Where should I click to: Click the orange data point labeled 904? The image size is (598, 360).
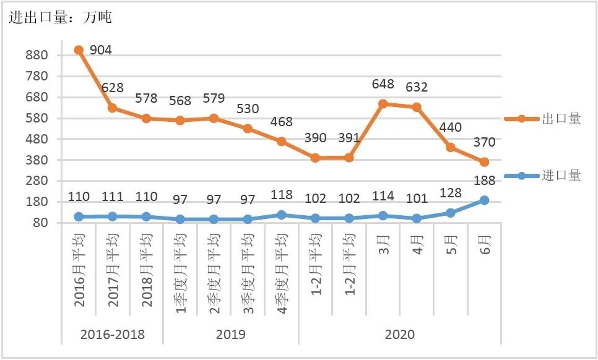click(79, 50)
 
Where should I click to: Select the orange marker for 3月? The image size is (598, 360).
click(383, 104)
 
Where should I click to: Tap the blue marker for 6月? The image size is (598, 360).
click(484, 200)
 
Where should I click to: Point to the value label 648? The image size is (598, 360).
click(383, 84)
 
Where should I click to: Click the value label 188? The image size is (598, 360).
click(484, 181)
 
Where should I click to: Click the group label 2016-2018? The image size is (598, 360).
click(113, 335)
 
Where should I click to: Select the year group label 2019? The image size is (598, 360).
click(231, 335)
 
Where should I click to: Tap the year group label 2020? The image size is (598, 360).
click(399, 335)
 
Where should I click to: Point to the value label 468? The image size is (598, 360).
click(282, 122)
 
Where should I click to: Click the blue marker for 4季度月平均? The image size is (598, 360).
click(282, 215)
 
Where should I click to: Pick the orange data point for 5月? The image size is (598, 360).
click(451, 147)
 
